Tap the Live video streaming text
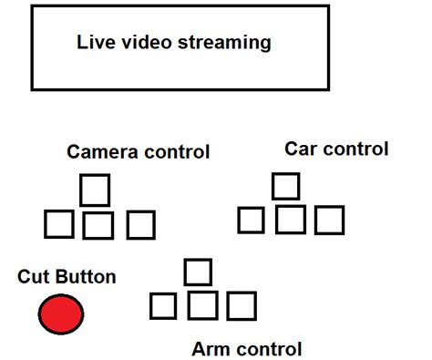coord(173,42)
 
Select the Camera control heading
coord(139,151)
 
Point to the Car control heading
coord(336,149)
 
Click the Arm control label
coord(246,348)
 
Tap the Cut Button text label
coord(67,277)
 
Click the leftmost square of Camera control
coord(59,224)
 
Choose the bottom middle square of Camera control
coord(98,224)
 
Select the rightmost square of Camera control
coord(140,224)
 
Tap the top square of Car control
coord(286,185)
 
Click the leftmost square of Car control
coord(251,221)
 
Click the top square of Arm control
coord(198,271)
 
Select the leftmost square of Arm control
coord(163,306)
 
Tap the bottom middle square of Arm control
coord(203,305)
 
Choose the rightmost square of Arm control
coord(242,306)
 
